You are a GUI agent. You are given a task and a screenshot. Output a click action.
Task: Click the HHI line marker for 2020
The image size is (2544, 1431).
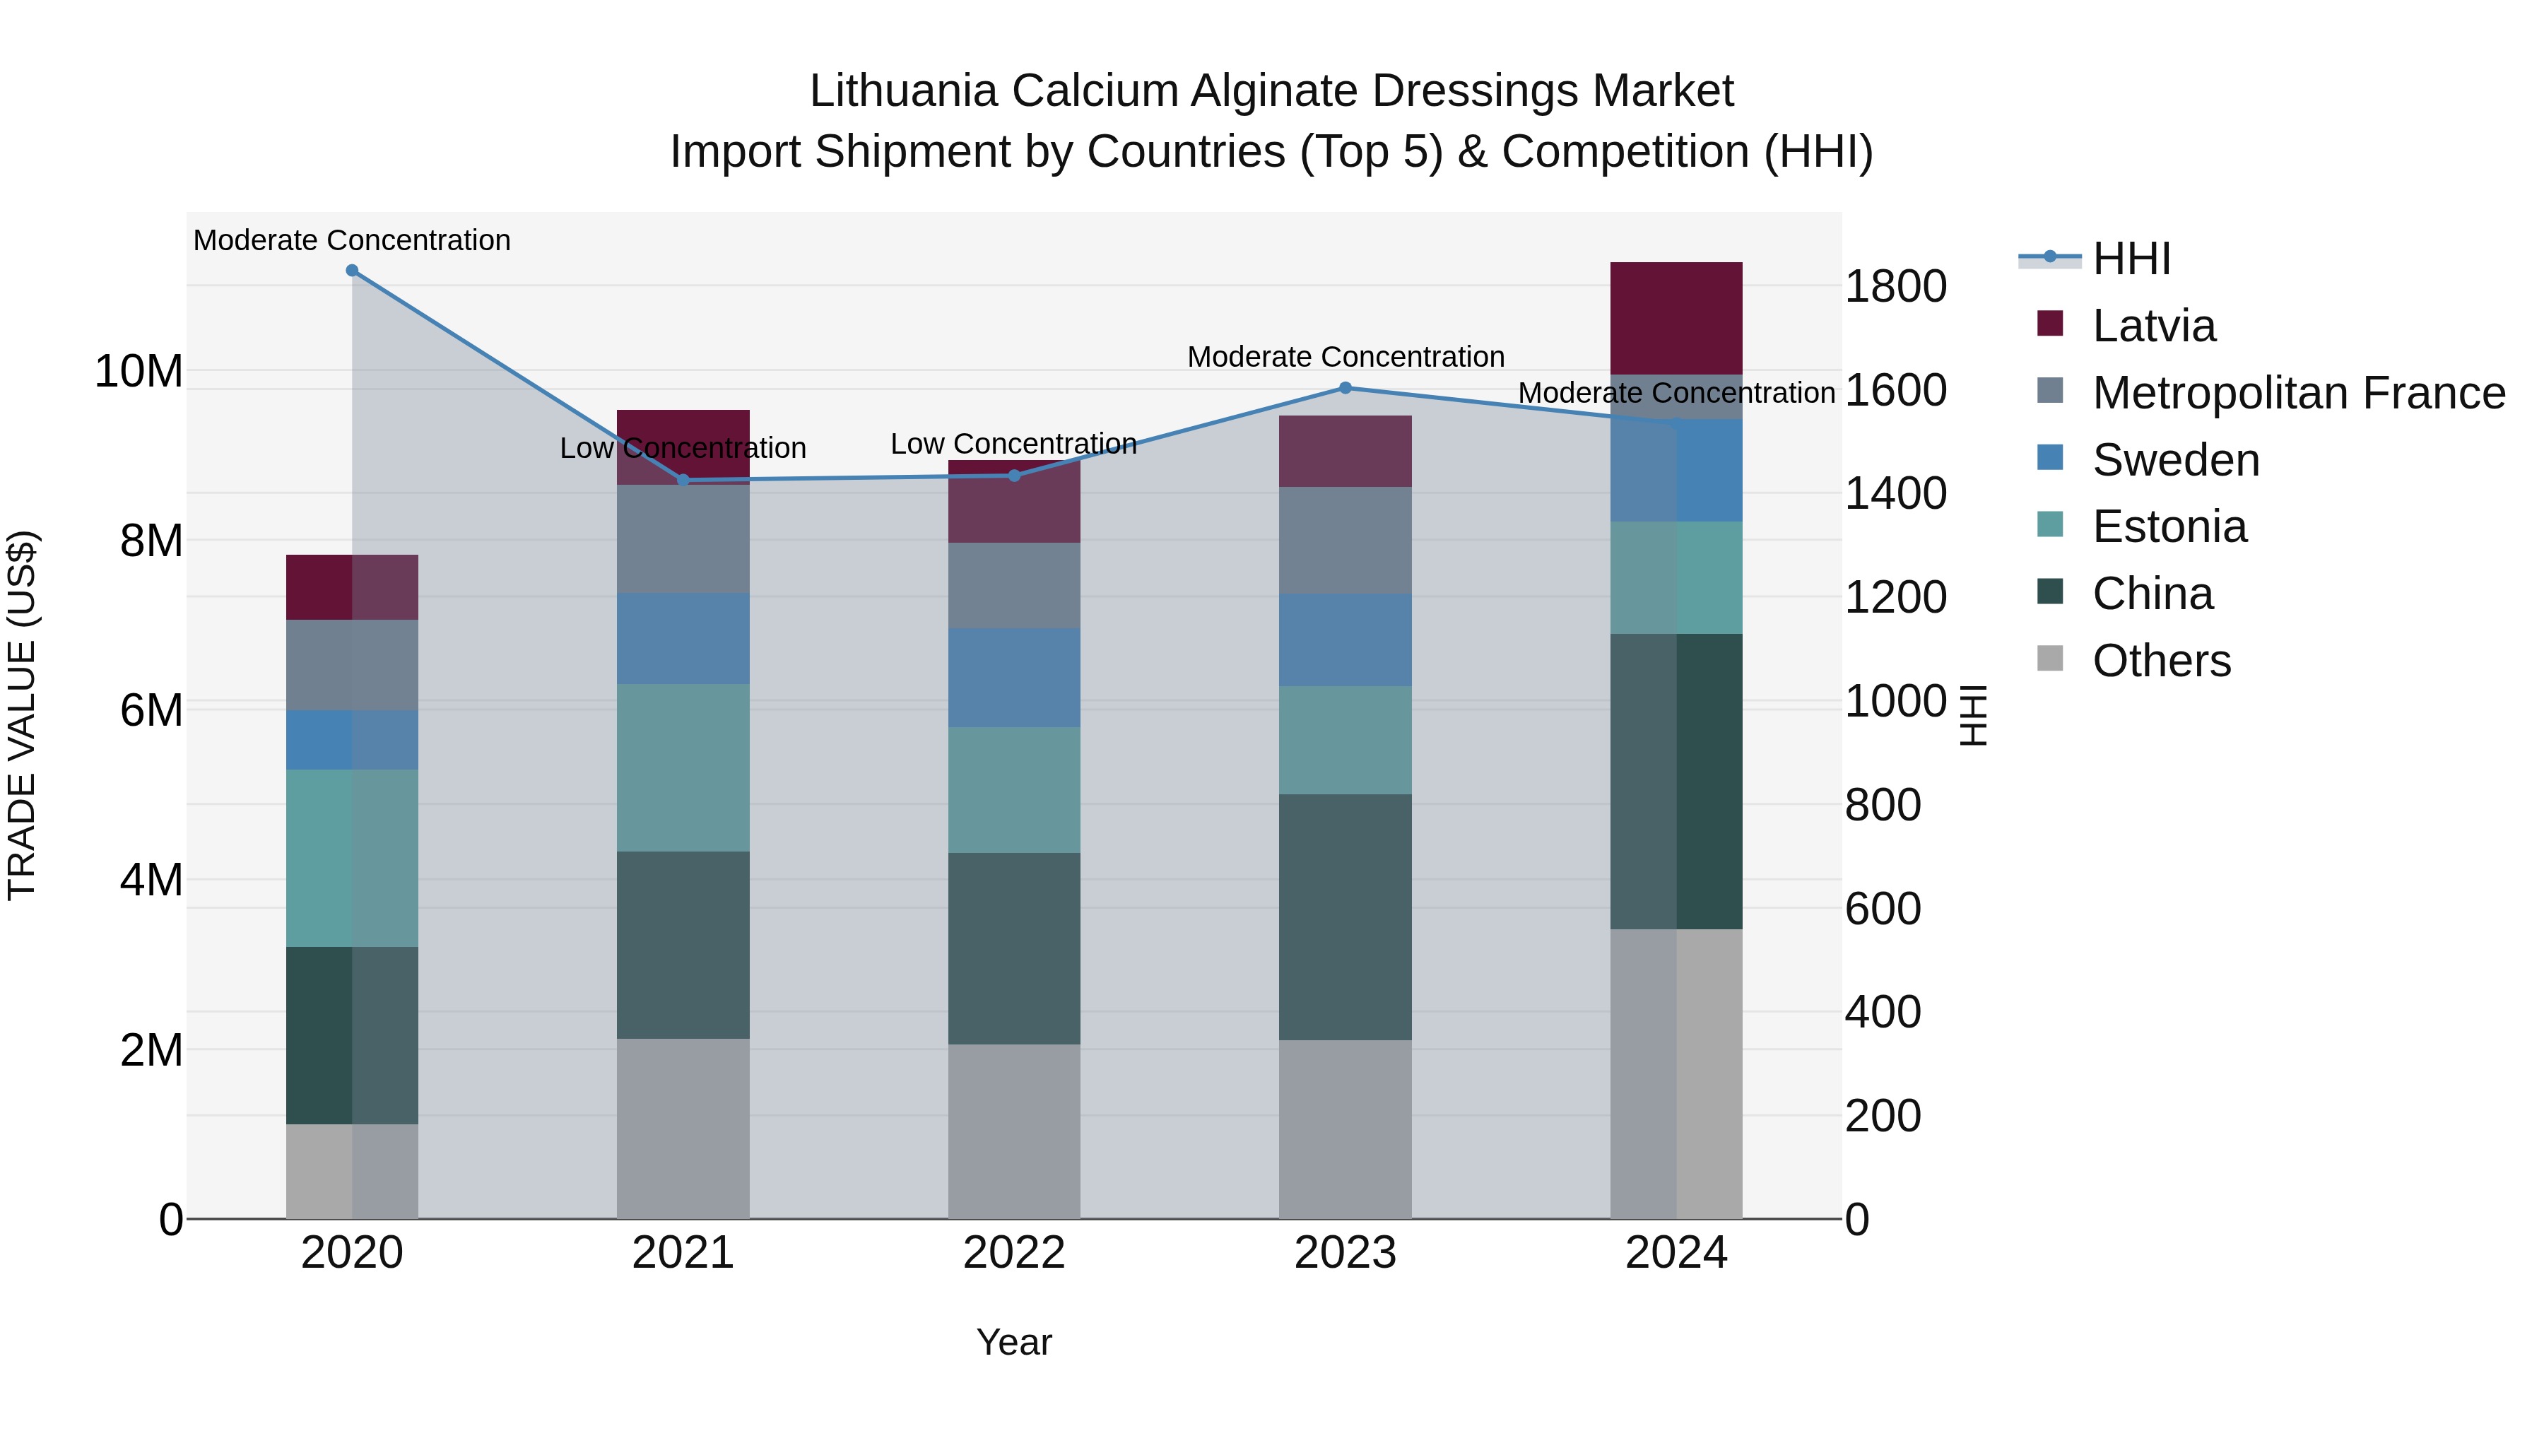coord(352,271)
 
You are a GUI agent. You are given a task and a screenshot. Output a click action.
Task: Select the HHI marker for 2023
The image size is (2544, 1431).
coord(1345,388)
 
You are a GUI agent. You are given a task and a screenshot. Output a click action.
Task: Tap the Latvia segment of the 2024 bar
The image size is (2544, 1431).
coord(1676,318)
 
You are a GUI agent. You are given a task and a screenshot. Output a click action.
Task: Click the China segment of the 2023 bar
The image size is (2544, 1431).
coord(1345,917)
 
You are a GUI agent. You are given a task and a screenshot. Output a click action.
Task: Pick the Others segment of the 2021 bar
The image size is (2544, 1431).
coord(683,1128)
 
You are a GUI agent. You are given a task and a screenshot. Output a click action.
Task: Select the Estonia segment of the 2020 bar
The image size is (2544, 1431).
coord(352,857)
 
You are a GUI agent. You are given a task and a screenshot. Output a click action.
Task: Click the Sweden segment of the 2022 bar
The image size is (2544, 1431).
coord(1013,678)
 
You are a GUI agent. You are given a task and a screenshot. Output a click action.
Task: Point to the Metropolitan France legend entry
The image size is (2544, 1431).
coord(2298,393)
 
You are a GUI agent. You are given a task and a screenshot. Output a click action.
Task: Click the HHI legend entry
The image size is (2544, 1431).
coord(2131,259)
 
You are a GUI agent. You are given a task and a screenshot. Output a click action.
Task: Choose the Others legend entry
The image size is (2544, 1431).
coord(2161,661)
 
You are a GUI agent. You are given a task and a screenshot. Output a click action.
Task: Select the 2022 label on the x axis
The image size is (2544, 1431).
coord(1013,1253)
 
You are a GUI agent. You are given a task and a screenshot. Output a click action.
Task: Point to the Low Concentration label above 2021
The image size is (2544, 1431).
coord(683,448)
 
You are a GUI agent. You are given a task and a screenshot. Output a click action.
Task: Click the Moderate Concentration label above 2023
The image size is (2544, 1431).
coord(1345,357)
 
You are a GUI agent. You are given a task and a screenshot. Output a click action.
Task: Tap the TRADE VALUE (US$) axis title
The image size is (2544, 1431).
coord(22,715)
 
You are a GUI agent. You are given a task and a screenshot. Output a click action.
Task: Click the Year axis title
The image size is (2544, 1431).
coord(1013,1342)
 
